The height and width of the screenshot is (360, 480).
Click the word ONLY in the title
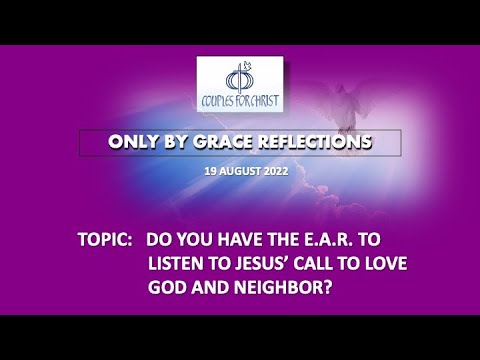pyautogui.click(x=135, y=143)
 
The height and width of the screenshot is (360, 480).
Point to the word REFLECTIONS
pyautogui.click(x=317, y=143)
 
